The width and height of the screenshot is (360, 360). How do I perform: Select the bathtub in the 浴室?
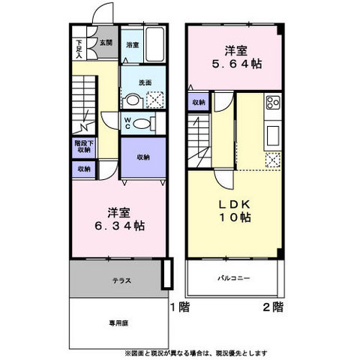pos(156,45)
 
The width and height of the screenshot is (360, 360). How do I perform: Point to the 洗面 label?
pos(146,82)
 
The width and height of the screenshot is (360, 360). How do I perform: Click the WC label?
pos(128,122)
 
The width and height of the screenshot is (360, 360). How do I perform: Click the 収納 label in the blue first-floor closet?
pos(143,157)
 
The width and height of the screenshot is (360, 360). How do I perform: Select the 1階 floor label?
pos(178,307)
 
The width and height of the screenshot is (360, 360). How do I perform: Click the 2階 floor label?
pos(273,307)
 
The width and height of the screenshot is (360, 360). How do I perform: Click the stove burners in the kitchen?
pos(272,102)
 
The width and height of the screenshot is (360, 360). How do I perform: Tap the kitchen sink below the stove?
pos(273,136)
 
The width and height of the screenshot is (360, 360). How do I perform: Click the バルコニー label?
pos(234,279)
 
